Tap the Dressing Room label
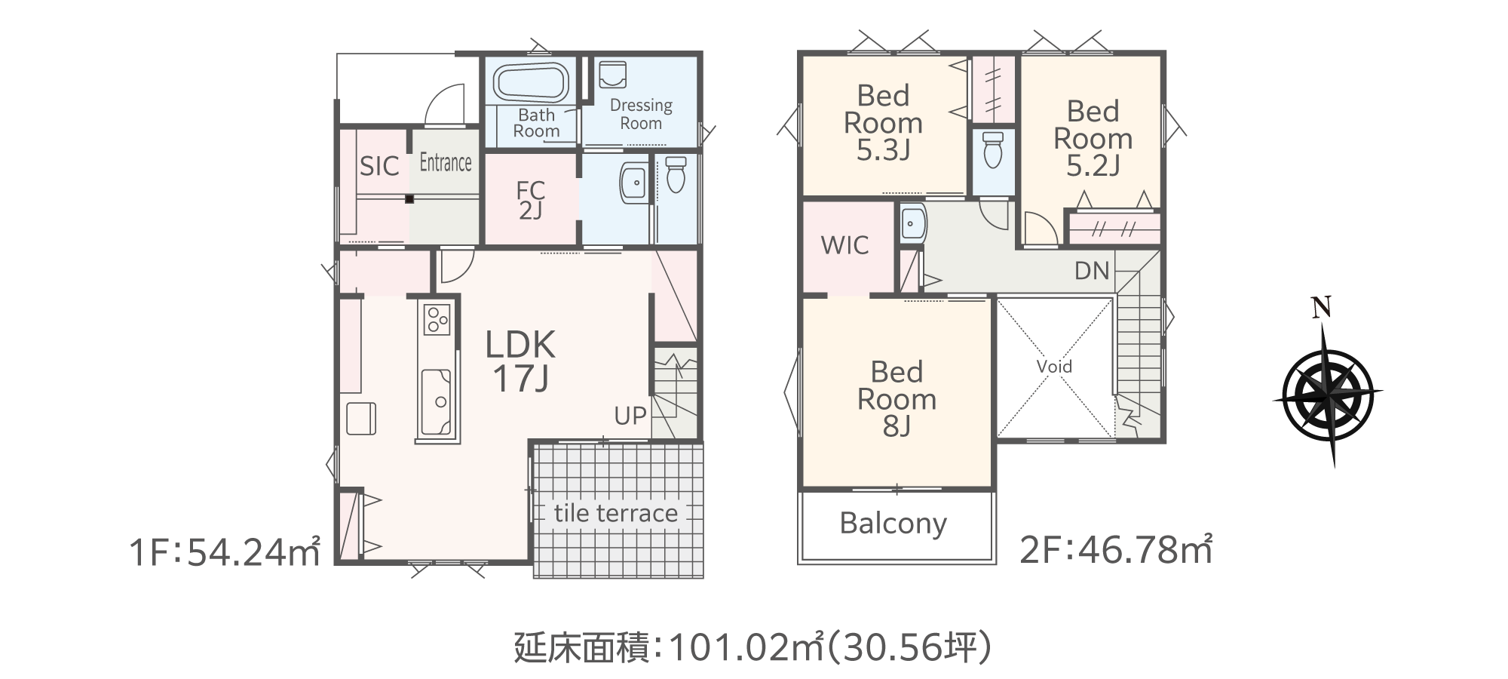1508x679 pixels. tap(641, 114)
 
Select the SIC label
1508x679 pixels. tap(379, 166)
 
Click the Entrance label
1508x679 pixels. tap(445, 162)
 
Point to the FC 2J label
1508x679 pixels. tap(531, 201)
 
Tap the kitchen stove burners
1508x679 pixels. tap(437, 319)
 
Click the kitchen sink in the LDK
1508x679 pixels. tap(437, 400)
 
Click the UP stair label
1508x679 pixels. tap(630, 416)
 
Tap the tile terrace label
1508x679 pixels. tap(615, 513)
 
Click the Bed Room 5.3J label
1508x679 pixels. tap(883, 123)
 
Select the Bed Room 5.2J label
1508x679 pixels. tap(1093, 139)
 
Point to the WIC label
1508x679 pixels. tap(844, 245)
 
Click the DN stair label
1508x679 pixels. tap(1092, 271)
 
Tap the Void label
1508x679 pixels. tap(1054, 367)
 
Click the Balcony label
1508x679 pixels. tap(893, 523)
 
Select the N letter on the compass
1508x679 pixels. tap(1320, 306)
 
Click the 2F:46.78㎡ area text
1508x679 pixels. tap(1116, 551)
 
